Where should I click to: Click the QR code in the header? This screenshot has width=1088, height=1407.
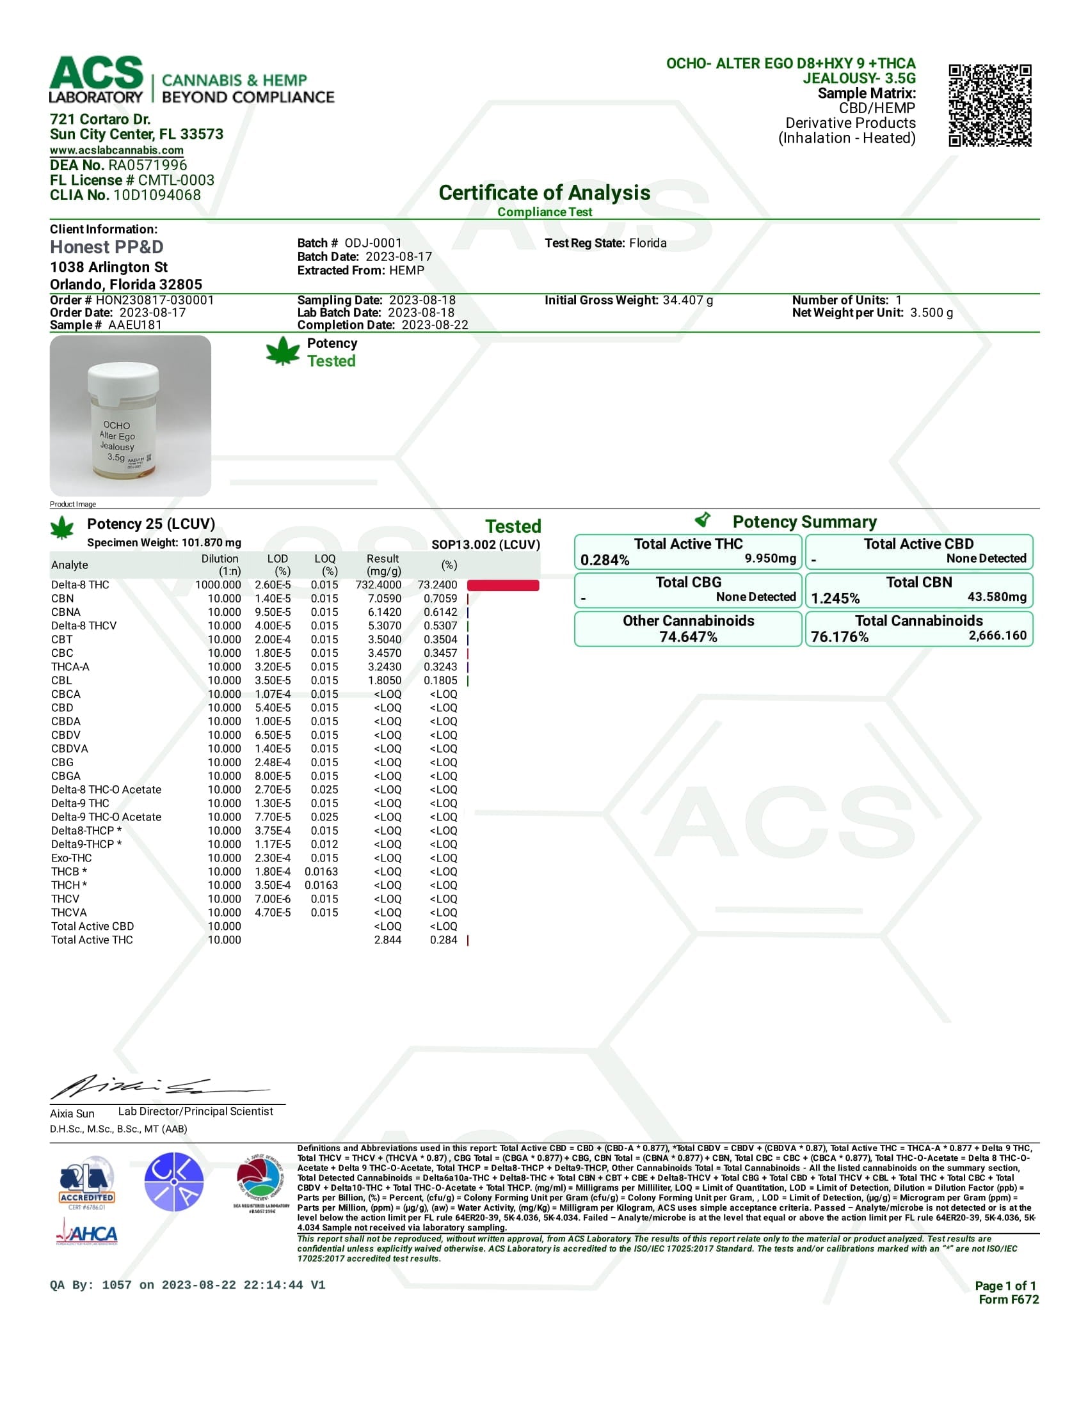point(989,106)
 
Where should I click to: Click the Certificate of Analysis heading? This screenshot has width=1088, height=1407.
point(544,193)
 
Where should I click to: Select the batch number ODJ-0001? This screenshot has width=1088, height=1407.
point(372,243)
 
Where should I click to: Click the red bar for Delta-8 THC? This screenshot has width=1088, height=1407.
point(503,585)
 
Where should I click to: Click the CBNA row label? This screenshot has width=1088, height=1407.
point(66,612)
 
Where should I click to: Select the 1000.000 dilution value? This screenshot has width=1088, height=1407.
point(218,585)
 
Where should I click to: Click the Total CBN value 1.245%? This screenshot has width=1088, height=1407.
point(835,599)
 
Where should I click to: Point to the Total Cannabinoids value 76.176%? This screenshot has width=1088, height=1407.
point(839,637)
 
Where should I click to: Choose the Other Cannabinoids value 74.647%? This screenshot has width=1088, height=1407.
point(688,637)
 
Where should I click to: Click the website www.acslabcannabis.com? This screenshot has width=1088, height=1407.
point(116,150)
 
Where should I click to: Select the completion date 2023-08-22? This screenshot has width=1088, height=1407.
point(435,325)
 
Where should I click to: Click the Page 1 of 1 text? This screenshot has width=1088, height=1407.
point(1005,1285)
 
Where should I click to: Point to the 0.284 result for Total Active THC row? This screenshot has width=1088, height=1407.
point(444,940)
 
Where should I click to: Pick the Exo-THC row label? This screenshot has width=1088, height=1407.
point(72,858)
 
